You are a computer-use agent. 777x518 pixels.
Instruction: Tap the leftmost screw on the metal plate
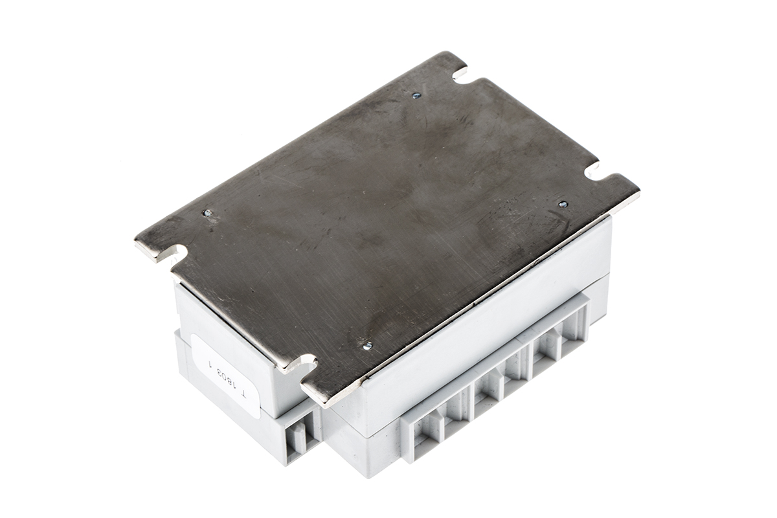[207, 214]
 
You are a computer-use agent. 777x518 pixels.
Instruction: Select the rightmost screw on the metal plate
[563, 205]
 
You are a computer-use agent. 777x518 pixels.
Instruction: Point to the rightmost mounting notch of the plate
[595, 171]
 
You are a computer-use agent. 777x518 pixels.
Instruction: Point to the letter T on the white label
[245, 396]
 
